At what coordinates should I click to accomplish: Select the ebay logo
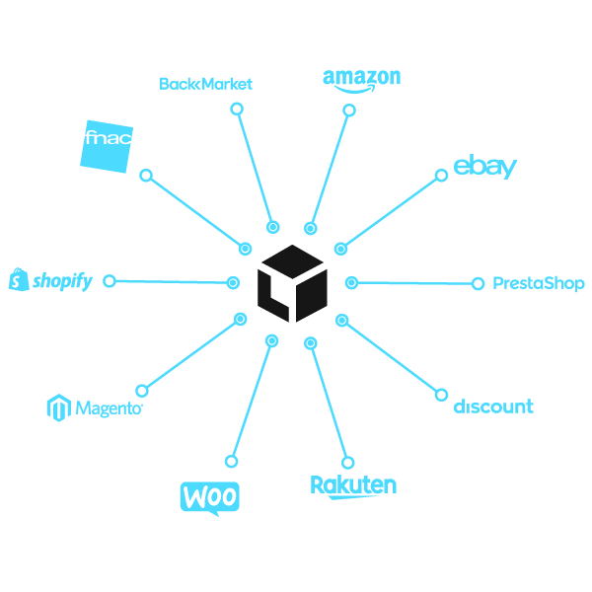coord(484,167)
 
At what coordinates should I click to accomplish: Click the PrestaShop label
coord(539,283)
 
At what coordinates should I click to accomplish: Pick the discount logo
coord(493,407)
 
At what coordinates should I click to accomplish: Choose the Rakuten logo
coord(353,485)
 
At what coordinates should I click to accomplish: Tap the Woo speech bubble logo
coord(210,496)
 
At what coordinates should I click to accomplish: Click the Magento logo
coord(96,407)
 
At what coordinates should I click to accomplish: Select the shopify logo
coord(50,281)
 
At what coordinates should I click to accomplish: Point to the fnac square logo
coord(107,146)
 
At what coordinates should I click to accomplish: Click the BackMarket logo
coord(205,84)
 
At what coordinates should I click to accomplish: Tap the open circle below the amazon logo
coord(347,111)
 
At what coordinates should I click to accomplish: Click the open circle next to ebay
coord(441,177)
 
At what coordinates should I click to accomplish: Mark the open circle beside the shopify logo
coord(110,281)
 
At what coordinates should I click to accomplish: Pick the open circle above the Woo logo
coord(232,461)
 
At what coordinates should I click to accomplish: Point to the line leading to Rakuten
coord(329,403)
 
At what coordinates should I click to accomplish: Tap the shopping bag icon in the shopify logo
coord(17,281)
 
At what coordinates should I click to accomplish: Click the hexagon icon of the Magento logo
coord(58,407)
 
